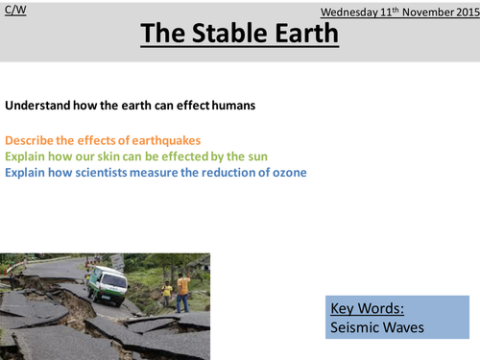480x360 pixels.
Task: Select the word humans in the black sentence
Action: [x=233, y=106]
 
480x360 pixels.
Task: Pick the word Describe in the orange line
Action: [x=28, y=140]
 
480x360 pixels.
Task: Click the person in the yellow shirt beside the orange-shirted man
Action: [x=168, y=291]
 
